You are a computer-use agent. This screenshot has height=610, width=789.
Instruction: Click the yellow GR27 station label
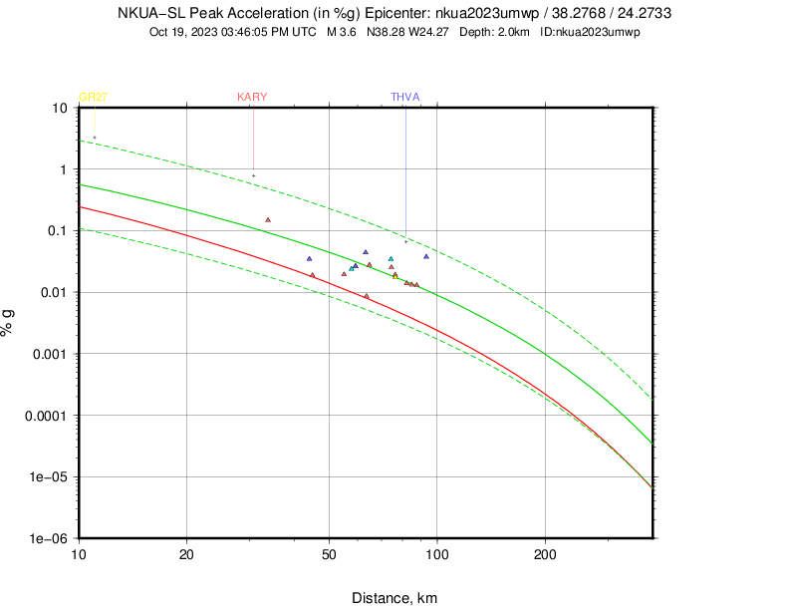click(93, 97)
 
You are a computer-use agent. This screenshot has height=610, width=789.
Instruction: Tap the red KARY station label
click(252, 97)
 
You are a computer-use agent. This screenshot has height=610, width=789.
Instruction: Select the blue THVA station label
click(404, 97)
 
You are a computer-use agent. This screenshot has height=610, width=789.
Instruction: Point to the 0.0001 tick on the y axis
click(46, 416)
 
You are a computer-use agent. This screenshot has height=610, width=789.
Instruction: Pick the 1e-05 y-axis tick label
click(49, 476)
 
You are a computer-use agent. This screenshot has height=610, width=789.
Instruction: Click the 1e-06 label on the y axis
click(49, 538)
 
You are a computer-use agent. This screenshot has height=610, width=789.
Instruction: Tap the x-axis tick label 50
click(329, 553)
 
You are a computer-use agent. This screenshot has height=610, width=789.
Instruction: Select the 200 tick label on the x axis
click(544, 553)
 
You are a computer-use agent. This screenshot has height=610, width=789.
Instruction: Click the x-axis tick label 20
click(186, 553)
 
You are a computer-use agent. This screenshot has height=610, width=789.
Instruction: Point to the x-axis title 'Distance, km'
click(394, 598)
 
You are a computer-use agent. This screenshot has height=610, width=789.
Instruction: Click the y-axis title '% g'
click(9, 323)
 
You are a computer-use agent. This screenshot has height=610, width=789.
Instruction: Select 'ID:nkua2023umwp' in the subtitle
click(590, 32)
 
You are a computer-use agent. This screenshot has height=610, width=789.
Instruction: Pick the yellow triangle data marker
click(395, 275)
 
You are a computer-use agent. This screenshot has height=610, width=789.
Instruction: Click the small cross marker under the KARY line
click(253, 176)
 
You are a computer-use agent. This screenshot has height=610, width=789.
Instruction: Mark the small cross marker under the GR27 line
click(95, 138)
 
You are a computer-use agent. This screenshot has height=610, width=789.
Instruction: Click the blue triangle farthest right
click(426, 256)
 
